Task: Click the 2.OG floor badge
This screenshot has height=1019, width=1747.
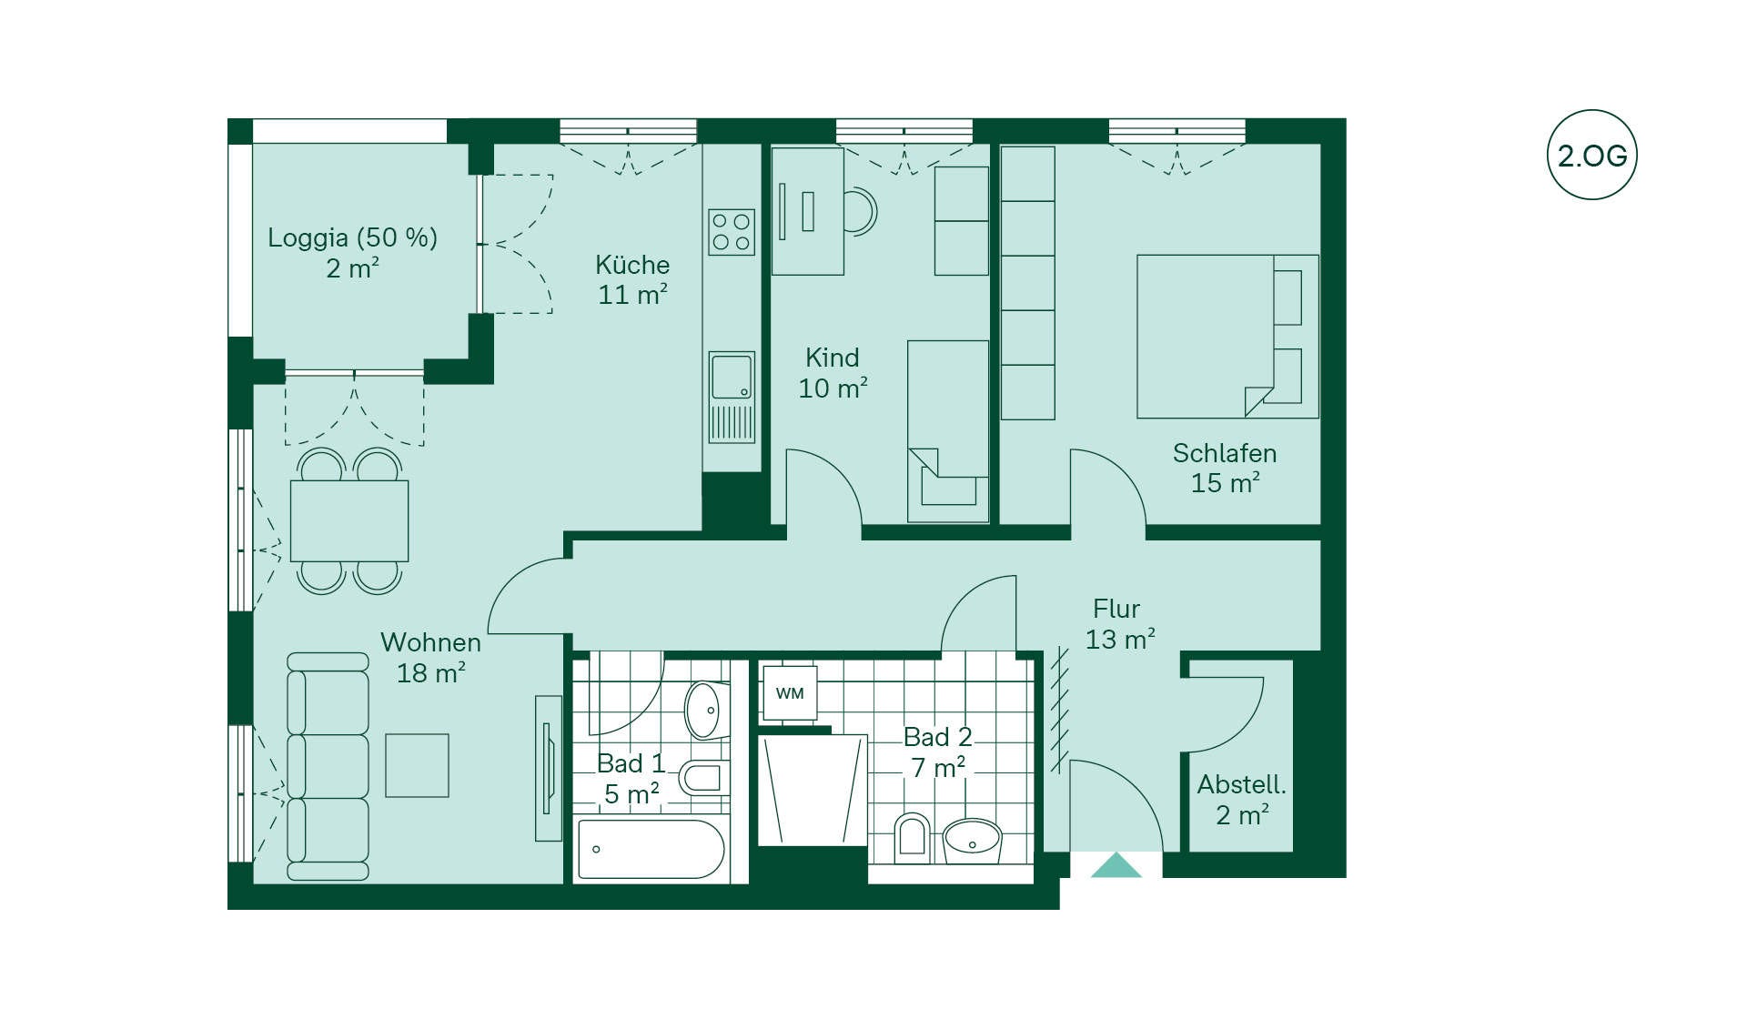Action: click(x=1591, y=155)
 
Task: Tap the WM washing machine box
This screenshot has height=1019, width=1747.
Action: click(x=789, y=693)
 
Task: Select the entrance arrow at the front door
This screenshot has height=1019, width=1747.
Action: click(x=1116, y=865)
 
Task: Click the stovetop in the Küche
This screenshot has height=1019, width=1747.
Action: click(x=732, y=231)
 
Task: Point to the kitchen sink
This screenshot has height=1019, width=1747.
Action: click(x=732, y=398)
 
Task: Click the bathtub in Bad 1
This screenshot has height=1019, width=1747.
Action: click(x=651, y=849)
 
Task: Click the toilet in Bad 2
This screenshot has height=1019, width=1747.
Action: click(x=912, y=837)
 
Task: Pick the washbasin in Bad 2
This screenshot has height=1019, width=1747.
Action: click(x=972, y=841)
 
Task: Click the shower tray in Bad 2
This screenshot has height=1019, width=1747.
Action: click(x=813, y=789)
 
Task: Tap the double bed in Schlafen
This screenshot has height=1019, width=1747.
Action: click(x=1227, y=337)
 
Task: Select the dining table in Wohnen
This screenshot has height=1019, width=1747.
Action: click(x=349, y=520)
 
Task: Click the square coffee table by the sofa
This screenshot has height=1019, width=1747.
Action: click(x=417, y=765)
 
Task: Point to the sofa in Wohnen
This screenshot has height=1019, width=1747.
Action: click(x=328, y=766)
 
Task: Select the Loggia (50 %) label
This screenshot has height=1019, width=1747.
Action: click(x=353, y=237)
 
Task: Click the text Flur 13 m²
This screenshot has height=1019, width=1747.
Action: click(x=1119, y=623)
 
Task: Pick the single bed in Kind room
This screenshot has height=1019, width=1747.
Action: click(x=948, y=431)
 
